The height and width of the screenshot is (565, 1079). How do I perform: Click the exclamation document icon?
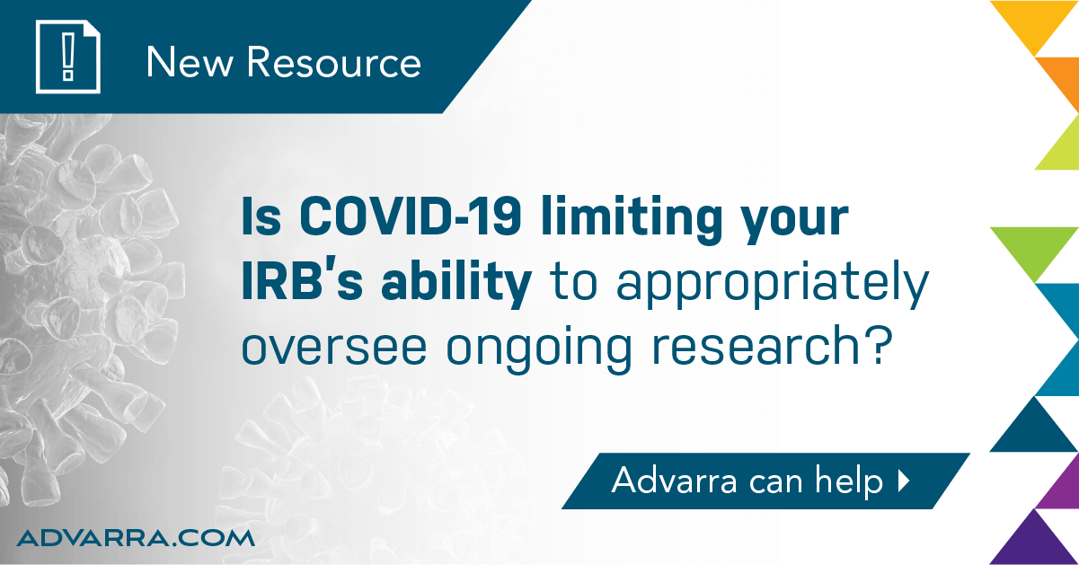click(67, 57)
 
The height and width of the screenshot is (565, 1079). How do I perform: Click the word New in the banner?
click(190, 62)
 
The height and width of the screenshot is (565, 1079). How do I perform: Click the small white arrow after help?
click(904, 481)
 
